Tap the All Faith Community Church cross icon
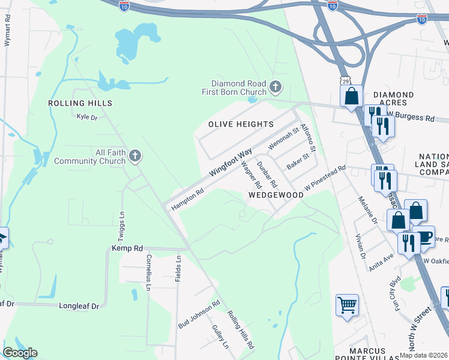135,157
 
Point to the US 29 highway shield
345,80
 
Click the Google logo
19,353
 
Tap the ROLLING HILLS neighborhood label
80,103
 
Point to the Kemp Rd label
127,248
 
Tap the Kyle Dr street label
86,117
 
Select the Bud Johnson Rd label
199,314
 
